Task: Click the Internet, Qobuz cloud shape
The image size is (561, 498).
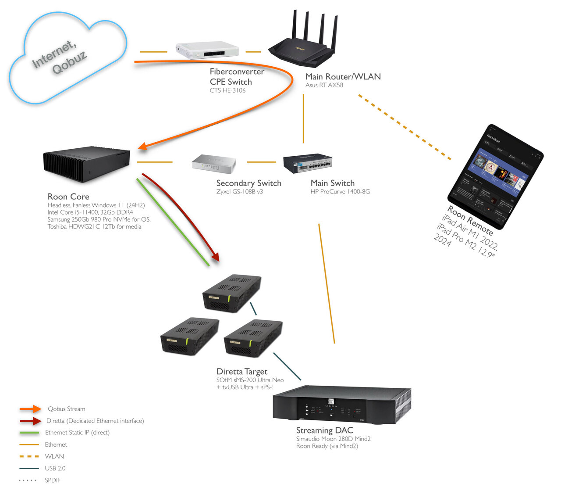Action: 68,59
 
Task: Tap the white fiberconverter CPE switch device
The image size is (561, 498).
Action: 207,50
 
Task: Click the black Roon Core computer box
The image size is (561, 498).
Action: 86,163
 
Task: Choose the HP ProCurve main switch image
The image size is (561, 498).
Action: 307,163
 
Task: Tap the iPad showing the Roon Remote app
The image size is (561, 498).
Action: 495,176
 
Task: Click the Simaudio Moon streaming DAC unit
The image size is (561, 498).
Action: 341,406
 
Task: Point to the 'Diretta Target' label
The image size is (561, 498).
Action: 242,371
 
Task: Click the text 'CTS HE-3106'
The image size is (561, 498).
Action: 227,90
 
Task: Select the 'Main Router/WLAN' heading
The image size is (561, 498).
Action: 343,76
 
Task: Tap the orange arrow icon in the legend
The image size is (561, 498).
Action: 30,409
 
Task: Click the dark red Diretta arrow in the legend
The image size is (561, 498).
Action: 30,421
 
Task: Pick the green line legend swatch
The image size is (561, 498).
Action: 29,433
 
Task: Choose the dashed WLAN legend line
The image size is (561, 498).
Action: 29,456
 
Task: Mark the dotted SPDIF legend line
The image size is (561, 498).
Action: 28,480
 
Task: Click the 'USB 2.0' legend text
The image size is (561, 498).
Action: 55,468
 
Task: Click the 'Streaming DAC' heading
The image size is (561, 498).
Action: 324,430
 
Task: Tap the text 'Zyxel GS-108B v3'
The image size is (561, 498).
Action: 240,192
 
